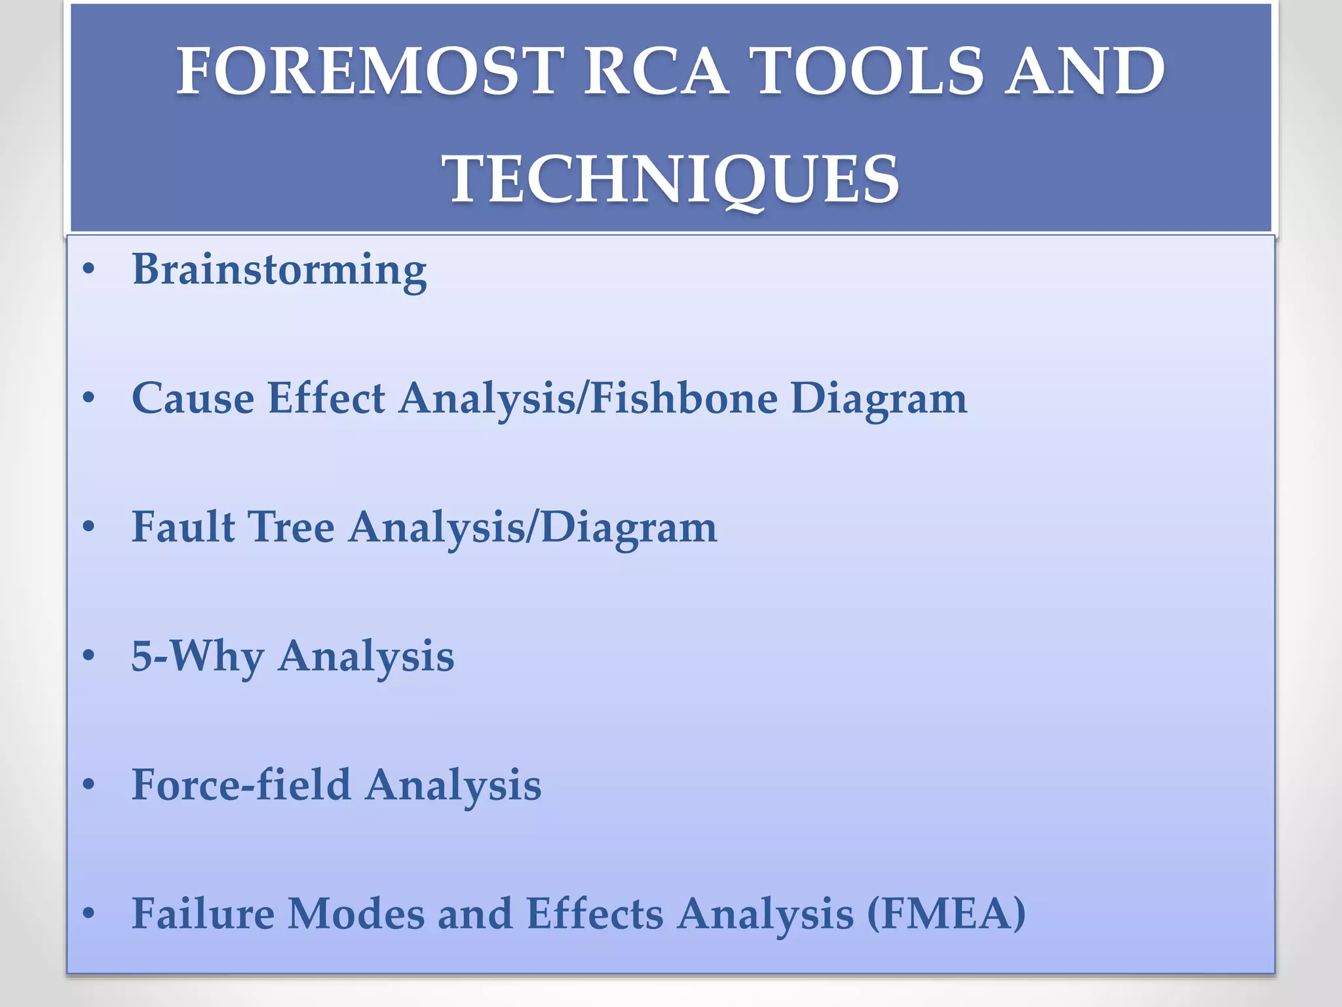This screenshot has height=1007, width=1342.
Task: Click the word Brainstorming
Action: [279, 270]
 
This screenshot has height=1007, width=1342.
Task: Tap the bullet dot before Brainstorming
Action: [89, 269]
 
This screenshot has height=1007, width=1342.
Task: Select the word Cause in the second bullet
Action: [193, 398]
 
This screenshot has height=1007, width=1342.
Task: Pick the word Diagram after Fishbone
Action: [879, 399]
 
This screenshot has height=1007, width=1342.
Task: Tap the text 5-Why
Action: [197, 656]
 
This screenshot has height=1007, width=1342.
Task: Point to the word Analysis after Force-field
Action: [453, 785]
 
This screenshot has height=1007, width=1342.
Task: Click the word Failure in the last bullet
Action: [203, 913]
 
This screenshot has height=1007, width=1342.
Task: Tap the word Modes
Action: [356, 913]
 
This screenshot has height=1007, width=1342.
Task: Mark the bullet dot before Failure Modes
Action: [89, 913]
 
